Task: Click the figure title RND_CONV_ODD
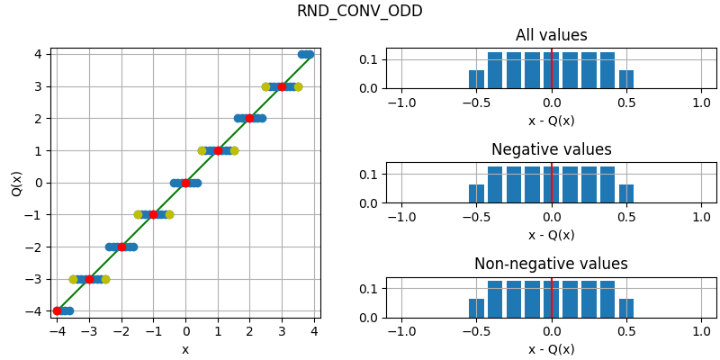tap(359, 12)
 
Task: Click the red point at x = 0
tap(185, 183)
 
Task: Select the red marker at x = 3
tap(282, 86)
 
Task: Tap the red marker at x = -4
tap(58, 310)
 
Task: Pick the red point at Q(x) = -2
tap(121, 247)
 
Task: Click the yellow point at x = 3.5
tap(298, 86)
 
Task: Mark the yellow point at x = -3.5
tap(74, 279)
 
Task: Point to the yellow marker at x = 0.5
tap(202, 150)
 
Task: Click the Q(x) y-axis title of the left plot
tap(17, 183)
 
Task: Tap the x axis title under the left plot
tap(185, 349)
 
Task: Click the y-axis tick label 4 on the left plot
tap(38, 54)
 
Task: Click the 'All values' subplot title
tap(551, 36)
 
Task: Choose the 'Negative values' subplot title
tap(551, 150)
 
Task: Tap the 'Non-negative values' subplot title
tap(551, 265)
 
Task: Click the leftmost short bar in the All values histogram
tap(476, 79)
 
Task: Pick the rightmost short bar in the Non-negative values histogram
tap(626, 309)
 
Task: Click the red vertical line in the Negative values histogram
tap(552, 184)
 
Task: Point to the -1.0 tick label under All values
tap(400, 103)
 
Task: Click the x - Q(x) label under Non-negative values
tap(551, 349)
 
